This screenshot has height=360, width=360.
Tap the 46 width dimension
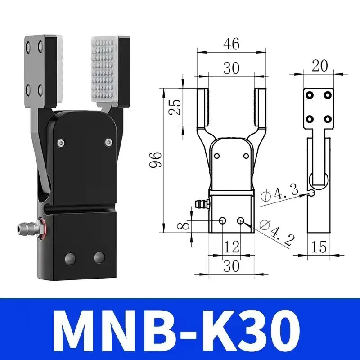(232, 44)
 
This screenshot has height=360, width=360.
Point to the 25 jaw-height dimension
(177, 107)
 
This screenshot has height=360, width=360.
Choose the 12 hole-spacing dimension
(232, 246)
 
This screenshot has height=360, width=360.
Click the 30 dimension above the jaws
(232, 68)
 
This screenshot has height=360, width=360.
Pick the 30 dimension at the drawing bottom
(232, 266)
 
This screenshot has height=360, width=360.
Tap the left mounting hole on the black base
(70, 258)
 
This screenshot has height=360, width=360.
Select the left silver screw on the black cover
(61, 143)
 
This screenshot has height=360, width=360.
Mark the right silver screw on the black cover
(108, 143)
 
